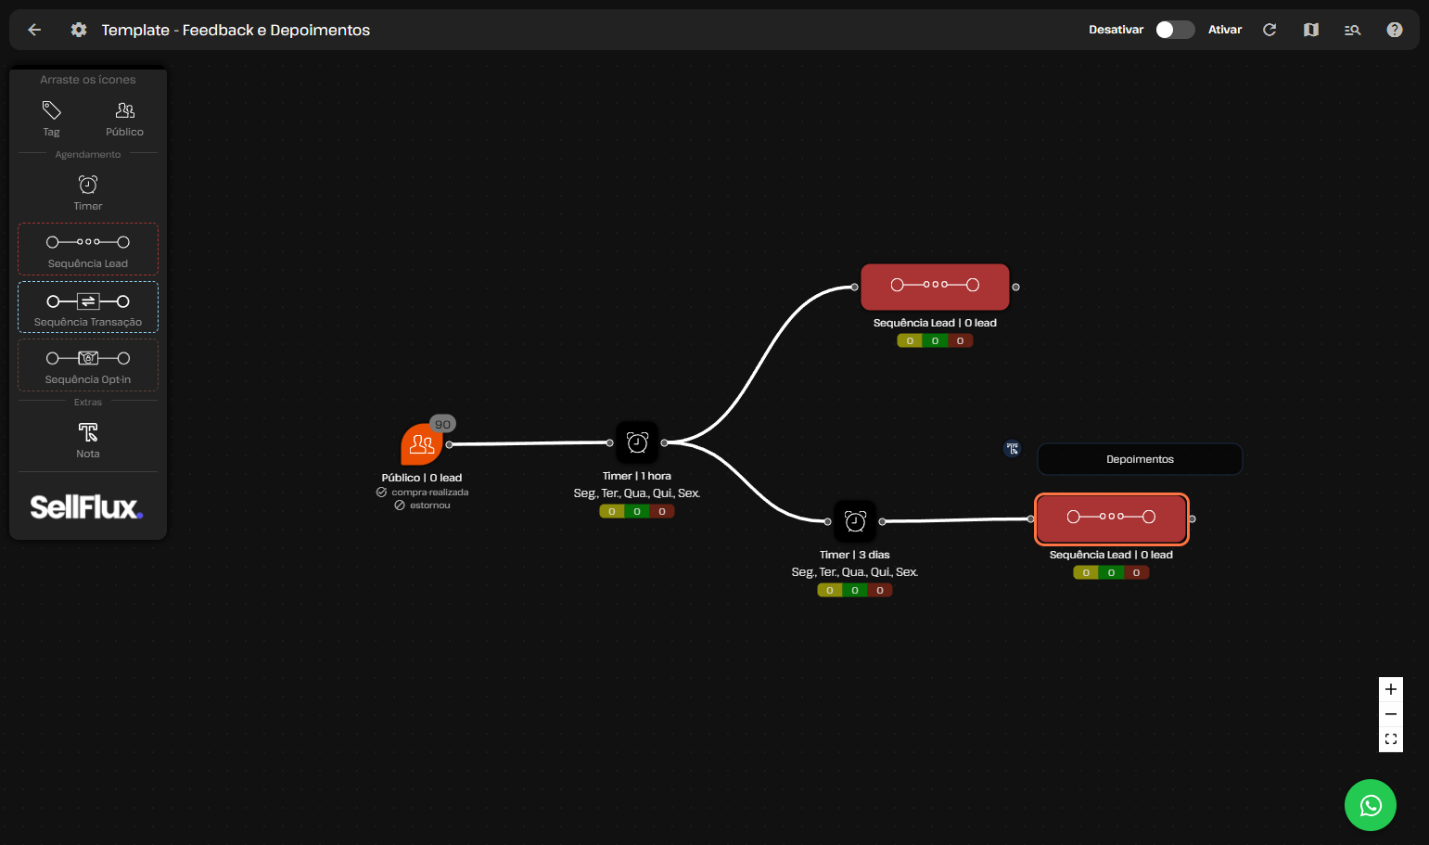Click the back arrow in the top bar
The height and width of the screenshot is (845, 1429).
click(x=34, y=30)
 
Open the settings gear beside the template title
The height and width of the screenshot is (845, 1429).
click(x=79, y=30)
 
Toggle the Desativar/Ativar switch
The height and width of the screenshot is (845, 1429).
click(x=1175, y=30)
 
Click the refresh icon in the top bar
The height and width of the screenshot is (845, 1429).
click(x=1270, y=30)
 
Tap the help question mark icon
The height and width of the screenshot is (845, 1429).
click(x=1395, y=30)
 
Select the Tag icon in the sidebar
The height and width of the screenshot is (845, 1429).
click(x=51, y=110)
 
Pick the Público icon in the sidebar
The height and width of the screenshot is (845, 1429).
click(x=125, y=110)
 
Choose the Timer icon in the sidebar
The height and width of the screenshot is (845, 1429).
click(x=88, y=186)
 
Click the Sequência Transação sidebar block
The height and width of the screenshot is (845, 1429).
click(x=88, y=307)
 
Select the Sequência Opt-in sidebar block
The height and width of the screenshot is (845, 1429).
click(x=88, y=365)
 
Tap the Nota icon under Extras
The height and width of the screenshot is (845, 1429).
click(x=88, y=433)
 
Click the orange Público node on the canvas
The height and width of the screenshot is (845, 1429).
click(x=421, y=444)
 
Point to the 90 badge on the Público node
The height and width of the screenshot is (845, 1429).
click(x=442, y=425)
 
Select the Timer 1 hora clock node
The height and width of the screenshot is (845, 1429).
click(x=637, y=442)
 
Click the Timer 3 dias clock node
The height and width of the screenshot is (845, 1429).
click(x=855, y=521)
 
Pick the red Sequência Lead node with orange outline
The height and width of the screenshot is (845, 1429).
click(x=1111, y=519)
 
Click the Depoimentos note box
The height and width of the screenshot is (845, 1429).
click(x=1140, y=459)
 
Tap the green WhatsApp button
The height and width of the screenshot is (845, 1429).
click(x=1371, y=805)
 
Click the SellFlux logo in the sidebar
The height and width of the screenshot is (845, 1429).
click(x=87, y=507)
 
